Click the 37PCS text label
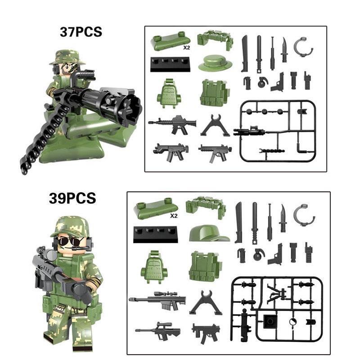[x=81, y=32]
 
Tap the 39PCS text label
[x=72, y=198]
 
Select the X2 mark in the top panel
[x=186, y=48]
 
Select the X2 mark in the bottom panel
[x=174, y=216]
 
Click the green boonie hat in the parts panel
[x=215, y=63]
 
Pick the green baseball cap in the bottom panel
[x=209, y=233]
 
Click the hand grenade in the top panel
[x=261, y=82]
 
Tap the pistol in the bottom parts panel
[x=275, y=254]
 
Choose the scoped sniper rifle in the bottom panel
[x=157, y=300]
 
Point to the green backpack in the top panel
[x=169, y=94]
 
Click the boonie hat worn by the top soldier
[x=67, y=58]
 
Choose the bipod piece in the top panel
[x=215, y=126]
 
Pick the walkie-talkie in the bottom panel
[x=309, y=252]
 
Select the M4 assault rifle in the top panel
[x=172, y=125]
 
